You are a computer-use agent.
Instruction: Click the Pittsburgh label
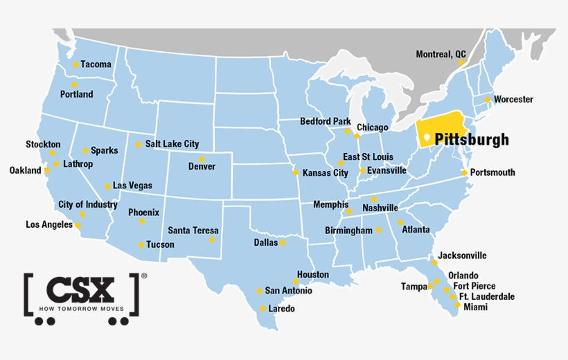(x=472, y=139)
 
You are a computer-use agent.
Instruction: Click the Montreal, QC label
(x=441, y=54)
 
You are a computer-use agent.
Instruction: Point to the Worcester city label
(x=513, y=99)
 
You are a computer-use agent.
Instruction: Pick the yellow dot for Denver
(x=202, y=159)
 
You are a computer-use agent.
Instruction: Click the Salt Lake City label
(x=172, y=144)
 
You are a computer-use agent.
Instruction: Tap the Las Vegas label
(x=132, y=186)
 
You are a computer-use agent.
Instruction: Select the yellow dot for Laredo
(x=263, y=308)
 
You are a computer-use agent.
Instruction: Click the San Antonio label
(x=288, y=291)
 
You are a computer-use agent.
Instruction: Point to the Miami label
(x=476, y=307)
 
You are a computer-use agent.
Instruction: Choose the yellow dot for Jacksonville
(x=434, y=262)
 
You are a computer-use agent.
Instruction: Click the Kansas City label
(x=326, y=173)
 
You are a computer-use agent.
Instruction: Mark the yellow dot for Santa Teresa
(x=212, y=240)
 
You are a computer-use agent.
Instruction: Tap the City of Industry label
(x=88, y=204)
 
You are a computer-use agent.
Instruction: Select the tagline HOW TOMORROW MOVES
(x=81, y=308)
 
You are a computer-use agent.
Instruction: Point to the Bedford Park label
(x=325, y=122)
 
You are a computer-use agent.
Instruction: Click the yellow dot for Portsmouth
(x=464, y=172)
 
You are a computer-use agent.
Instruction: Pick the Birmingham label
(x=348, y=230)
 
